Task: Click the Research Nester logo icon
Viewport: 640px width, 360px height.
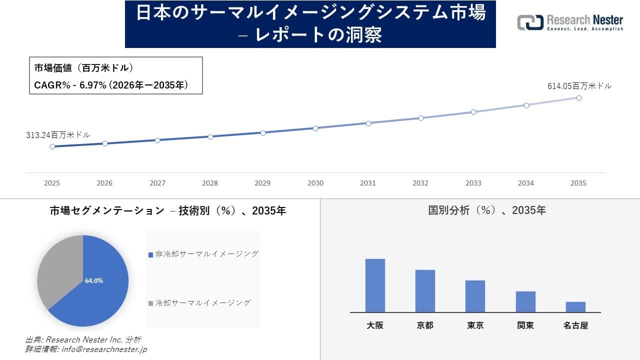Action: click(530, 22)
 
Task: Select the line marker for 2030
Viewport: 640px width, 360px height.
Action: click(315, 128)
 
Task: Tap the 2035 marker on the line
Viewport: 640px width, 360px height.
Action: click(578, 98)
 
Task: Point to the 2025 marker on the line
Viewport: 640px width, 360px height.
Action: click(52, 146)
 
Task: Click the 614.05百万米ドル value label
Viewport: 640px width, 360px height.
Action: click(579, 86)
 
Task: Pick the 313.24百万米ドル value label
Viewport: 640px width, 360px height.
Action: click(58, 135)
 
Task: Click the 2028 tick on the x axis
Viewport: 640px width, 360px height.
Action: click(210, 183)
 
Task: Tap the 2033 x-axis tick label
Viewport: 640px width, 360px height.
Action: click(473, 183)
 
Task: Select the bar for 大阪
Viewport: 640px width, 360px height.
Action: click(375, 285)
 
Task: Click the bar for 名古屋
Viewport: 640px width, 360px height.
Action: click(575, 307)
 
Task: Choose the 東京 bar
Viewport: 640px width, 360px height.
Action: click(475, 296)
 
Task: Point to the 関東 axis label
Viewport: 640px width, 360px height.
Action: click(525, 325)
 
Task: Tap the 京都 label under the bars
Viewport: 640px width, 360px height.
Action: click(425, 325)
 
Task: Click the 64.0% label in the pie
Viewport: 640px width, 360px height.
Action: click(94, 281)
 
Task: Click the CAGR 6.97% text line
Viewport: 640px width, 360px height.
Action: click(111, 85)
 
